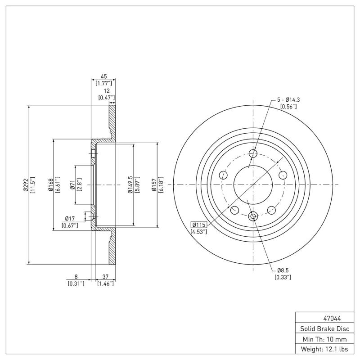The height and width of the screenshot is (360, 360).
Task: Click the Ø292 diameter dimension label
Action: click(25, 185)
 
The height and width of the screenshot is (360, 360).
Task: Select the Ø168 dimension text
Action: click(51, 185)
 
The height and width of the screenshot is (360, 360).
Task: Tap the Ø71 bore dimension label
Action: click(72, 185)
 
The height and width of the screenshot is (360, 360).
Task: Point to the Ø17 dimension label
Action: click(70, 219)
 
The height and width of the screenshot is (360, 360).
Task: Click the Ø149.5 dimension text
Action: click(130, 185)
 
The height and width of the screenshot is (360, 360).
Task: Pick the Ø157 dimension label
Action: click(154, 185)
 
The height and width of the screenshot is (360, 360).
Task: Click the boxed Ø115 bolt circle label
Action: click(199, 225)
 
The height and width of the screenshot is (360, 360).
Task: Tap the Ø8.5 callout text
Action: click(283, 270)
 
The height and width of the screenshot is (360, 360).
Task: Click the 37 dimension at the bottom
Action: click(105, 277)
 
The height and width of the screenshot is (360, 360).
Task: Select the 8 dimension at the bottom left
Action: click(76, 277)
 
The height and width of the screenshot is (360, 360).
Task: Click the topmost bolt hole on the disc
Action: click(253, 153)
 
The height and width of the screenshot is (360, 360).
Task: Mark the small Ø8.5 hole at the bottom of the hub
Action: click(253, 216)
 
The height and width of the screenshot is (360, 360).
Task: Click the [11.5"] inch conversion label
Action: click(32, 185)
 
